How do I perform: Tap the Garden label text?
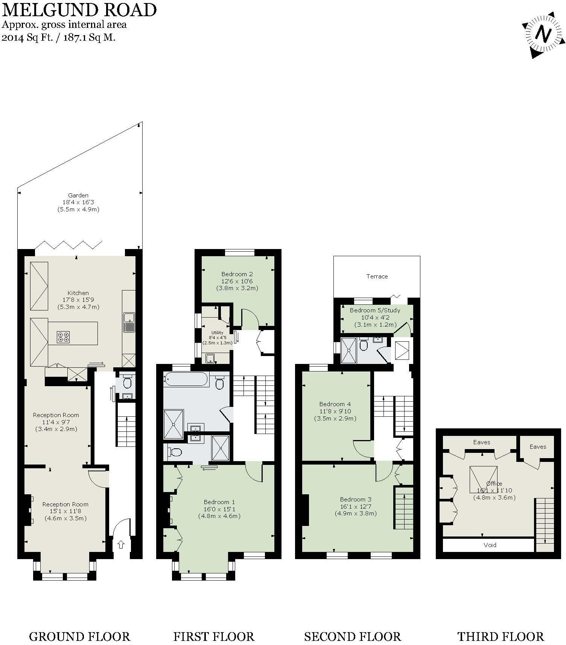[78, 195]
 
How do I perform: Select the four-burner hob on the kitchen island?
[63, 336]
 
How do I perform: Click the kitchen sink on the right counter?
[129, 322]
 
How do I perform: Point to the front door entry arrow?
[121, 544]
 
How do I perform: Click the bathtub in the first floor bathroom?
[186, 379]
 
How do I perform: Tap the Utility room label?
[217, 333]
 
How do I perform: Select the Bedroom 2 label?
[237, 274]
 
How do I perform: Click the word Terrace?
[377, 276]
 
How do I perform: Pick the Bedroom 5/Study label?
[375, 310]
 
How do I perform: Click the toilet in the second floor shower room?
[364, 345]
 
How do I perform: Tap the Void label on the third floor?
[490, 545]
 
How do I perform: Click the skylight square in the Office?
[483, 479]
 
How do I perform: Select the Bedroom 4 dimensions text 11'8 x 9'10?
[335, 411]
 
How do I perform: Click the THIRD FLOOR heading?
[501, 626]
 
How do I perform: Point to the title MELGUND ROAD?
[79, 10]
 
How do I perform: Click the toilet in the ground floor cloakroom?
[127, 382]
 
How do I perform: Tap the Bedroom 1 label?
[219, 502]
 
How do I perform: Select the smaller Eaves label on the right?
[537, 446]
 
